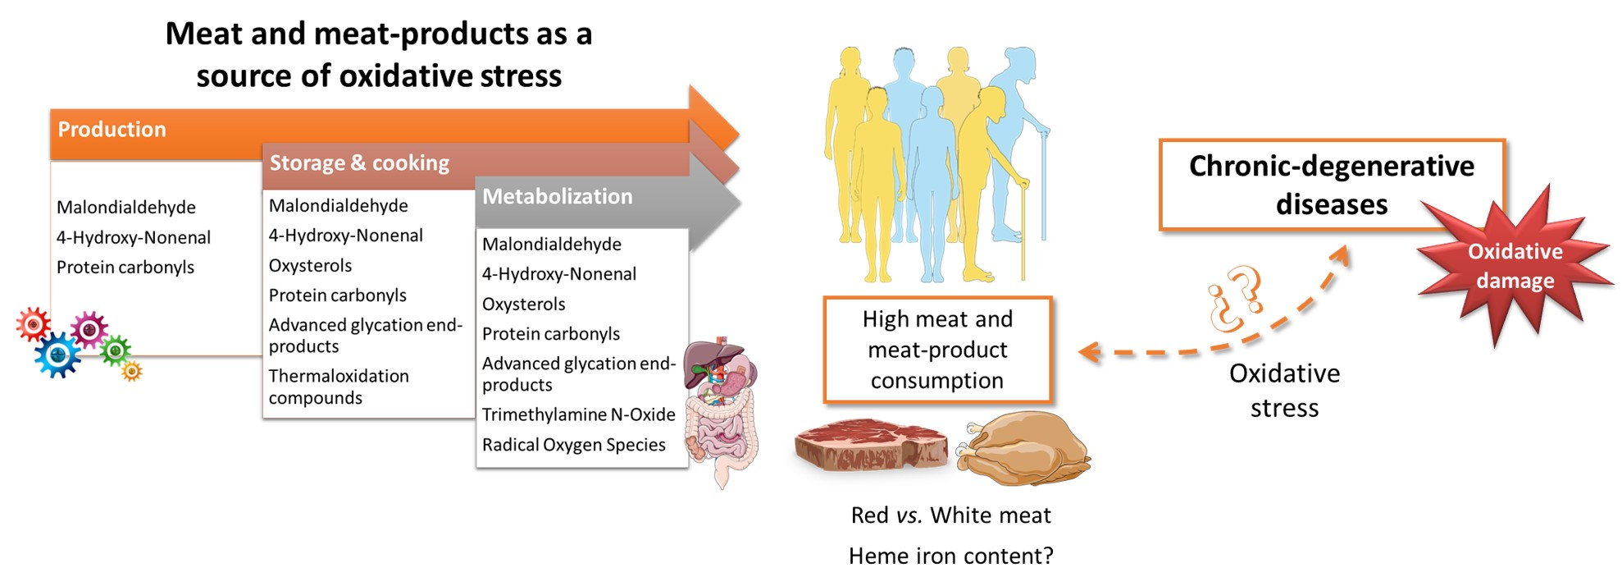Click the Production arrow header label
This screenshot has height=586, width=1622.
(112, 130)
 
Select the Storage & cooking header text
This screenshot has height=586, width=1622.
(359, 163)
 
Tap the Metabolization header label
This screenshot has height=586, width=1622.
(558, 197)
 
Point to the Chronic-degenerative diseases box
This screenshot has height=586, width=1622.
(1331, 185)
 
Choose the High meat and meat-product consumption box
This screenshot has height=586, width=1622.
(937, 350)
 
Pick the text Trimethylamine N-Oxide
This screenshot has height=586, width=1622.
(578, 414)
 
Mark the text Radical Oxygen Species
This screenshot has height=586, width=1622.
(573, 445)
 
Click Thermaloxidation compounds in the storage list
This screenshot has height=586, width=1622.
(338, 387)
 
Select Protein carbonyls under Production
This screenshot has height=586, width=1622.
(125, 268)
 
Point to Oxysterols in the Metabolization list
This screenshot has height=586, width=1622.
(523, 304)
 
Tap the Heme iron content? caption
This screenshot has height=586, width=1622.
(950, 556)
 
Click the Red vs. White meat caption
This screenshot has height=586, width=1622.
(950, 515)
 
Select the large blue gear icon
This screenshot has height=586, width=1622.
(58, 355)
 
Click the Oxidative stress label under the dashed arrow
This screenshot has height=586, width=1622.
(1284, 391)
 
